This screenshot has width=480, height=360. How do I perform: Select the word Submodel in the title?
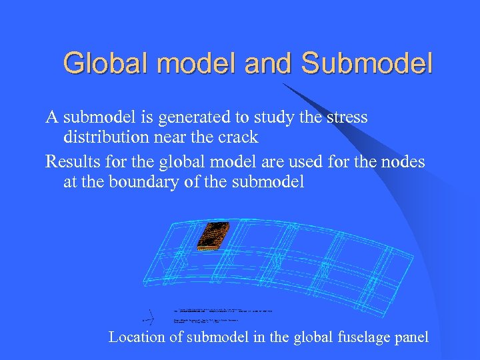pyautogui.click(x=367, y=64)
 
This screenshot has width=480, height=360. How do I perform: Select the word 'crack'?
pyautogui.click(x=241, y=137)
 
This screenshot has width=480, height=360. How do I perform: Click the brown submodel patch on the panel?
pyautogui.click(x=213, y=235)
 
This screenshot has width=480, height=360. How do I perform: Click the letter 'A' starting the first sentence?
pyautogui.click(x=51, y=118)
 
